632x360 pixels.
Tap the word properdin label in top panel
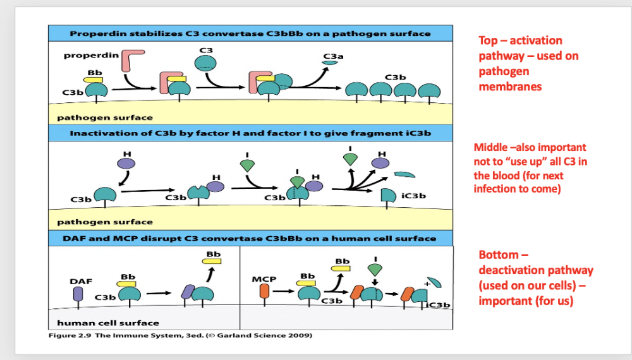coord(91,56)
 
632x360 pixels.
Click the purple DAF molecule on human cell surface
coord(78,294)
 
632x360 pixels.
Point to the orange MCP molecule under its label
coord(265,291)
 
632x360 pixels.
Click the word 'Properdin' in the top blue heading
coord(94,33)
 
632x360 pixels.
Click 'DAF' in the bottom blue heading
coord(73,238)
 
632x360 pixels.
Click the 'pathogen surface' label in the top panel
coord(104,117)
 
